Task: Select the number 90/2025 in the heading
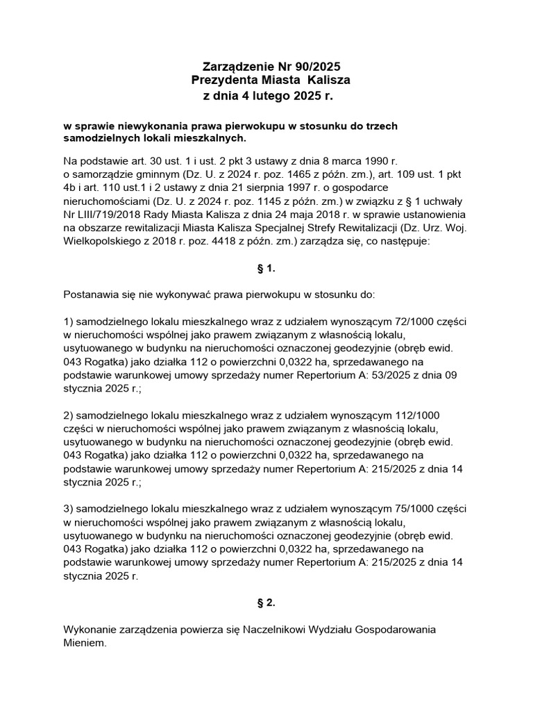(314, 67)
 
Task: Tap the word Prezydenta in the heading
(221, 81)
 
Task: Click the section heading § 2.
(266, 603)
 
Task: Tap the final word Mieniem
(85, 643)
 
